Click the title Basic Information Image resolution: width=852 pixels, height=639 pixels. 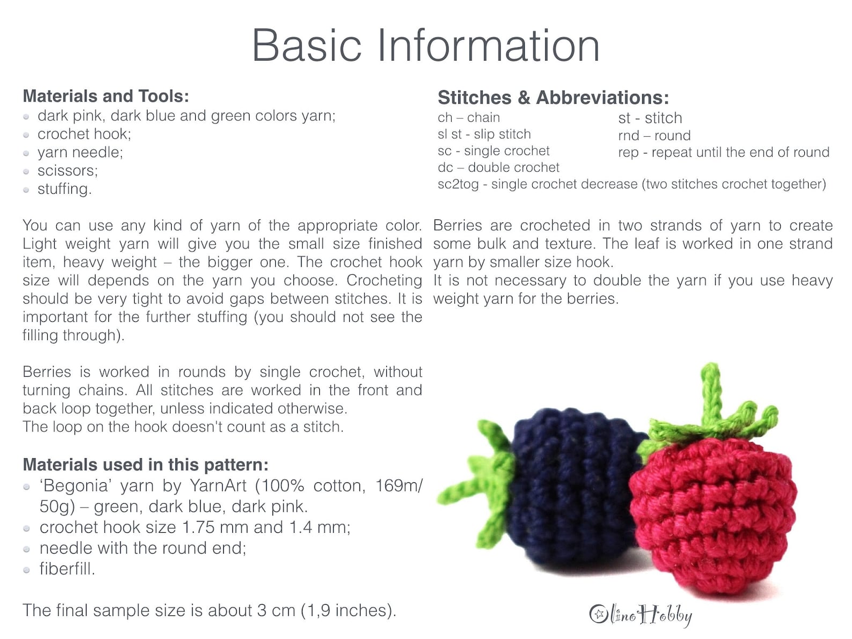[425, 46]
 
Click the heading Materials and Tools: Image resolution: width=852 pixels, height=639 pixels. [106, 96]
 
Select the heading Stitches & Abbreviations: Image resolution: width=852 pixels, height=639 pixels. [553, 98]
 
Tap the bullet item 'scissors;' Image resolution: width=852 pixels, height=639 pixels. [68, 171]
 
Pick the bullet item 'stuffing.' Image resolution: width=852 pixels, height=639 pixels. [64, 189]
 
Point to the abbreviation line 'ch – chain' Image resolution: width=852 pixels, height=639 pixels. [468, 117]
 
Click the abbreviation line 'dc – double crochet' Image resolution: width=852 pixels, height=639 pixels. [498, 167]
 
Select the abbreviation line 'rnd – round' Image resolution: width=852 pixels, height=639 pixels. [654, 135]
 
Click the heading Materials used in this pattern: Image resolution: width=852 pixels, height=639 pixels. [145, 465]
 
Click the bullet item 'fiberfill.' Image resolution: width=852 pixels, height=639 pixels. [67, 569]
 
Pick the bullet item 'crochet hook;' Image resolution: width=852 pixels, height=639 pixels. [84, 134]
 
